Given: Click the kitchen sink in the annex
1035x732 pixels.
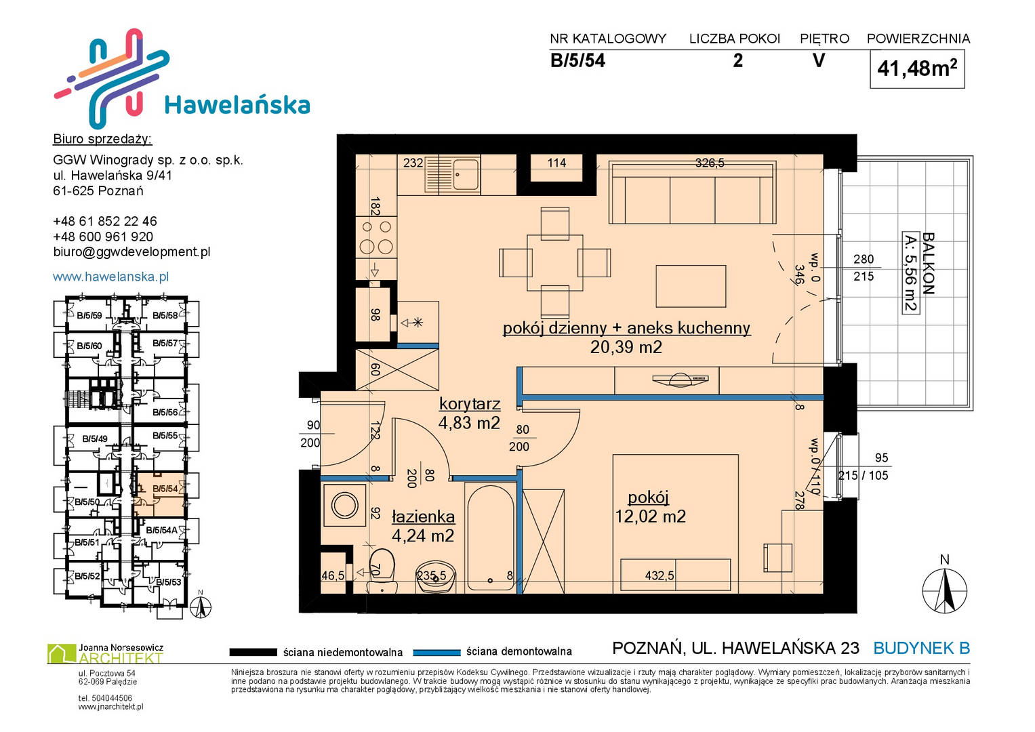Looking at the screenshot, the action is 452,174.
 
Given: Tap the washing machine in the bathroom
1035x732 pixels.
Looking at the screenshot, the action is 344,505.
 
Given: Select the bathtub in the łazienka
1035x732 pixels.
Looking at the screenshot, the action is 490,538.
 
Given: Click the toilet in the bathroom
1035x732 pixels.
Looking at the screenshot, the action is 382,571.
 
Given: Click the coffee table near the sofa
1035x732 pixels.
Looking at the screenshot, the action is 691,286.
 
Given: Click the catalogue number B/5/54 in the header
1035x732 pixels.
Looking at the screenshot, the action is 577,60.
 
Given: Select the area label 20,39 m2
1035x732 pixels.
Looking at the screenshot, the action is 626,347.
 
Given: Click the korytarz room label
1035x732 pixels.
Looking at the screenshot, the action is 470,403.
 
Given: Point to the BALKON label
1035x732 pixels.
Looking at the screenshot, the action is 929,264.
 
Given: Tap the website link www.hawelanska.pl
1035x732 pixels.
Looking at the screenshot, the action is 111,277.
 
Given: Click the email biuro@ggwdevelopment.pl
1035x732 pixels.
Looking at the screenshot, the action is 131,252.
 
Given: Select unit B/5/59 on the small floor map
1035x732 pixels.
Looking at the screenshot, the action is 89,316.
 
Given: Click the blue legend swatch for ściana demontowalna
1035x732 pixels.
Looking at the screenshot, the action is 437,653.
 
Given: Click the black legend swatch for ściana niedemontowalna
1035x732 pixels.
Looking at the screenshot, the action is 253,652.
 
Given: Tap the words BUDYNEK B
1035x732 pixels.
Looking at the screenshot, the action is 921,649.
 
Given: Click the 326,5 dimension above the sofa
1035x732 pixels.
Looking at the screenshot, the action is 710,163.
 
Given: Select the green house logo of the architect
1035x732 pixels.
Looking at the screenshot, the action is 62,653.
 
